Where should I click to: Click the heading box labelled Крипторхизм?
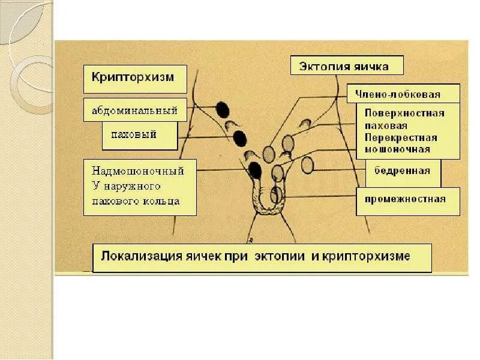[135, 79]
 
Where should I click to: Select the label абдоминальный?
[135, 110]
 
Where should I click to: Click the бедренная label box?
[403, 171]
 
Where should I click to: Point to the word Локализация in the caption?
[133, 256]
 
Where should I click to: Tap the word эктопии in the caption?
[281, 256]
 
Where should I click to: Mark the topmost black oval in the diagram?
[223, 110]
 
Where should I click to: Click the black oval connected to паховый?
[239, 139]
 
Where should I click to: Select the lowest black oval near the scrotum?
[255, 170]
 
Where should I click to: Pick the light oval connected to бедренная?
[308, 165]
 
